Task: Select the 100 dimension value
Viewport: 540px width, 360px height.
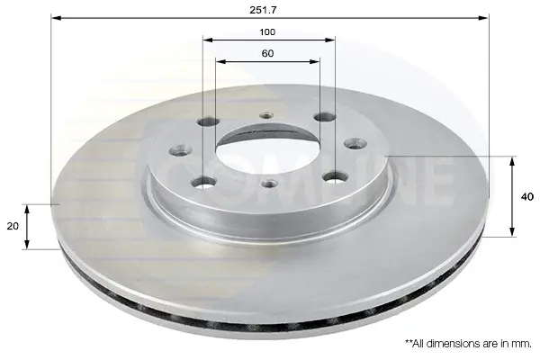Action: tap(267, 32)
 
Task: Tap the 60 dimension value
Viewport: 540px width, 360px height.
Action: tap(267, 53)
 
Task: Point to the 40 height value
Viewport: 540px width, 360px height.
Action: tap(527, 197)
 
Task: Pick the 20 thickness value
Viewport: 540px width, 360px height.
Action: tap(13, 226)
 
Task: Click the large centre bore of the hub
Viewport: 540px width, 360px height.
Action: tap(267, 151)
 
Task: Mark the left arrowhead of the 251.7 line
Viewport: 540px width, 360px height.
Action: tap(56, 18)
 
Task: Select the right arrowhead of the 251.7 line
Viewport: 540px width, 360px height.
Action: tap(483, 18)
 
